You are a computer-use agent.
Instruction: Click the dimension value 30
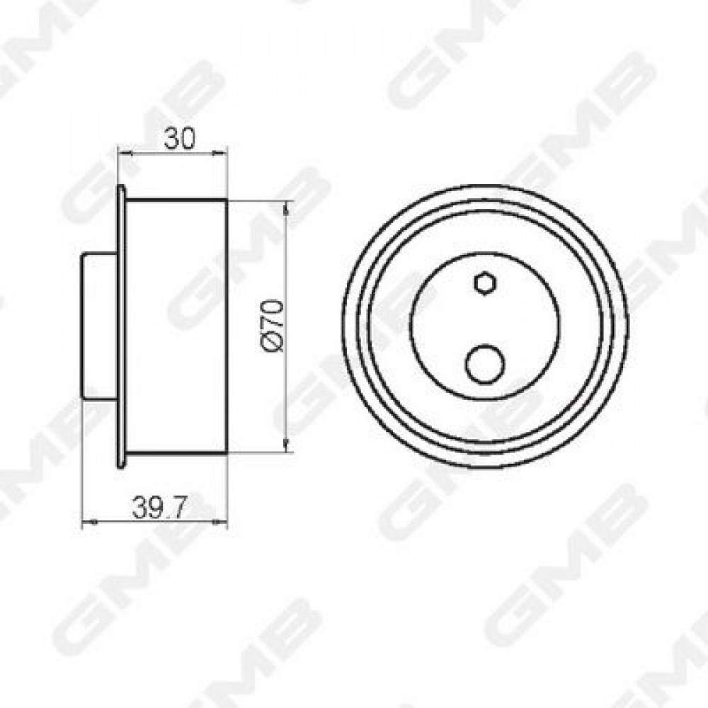pos(179,138)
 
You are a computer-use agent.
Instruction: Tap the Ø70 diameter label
pos(273,325)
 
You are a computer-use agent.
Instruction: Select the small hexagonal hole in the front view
pos(486,284)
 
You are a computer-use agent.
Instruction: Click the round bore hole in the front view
pos(484,365)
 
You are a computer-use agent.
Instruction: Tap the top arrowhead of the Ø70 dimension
pos(286,208)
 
